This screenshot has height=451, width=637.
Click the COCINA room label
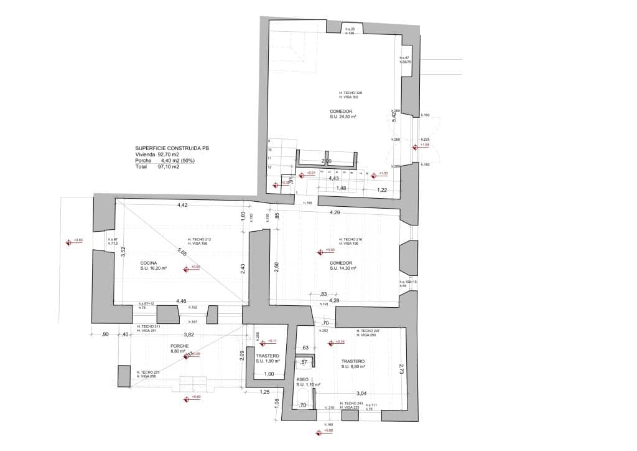(149, 263)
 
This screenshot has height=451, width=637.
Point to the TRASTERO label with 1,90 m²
(267, 356)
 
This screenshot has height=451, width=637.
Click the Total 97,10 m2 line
(157, 167)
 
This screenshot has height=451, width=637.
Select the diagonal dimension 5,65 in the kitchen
(182, 252)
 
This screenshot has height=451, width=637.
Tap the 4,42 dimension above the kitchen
(182, 205)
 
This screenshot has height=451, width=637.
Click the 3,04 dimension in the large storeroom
(361, 394)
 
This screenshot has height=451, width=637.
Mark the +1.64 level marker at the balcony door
(425, 145)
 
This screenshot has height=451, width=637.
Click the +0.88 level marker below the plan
(328, 430)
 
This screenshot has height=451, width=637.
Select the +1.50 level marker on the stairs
(383, 173)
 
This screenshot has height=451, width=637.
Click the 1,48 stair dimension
(341, 188)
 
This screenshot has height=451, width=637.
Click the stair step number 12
(270, 168)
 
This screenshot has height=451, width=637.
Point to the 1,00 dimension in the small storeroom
(269, 374)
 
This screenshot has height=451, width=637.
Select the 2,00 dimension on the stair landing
(326, 161)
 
